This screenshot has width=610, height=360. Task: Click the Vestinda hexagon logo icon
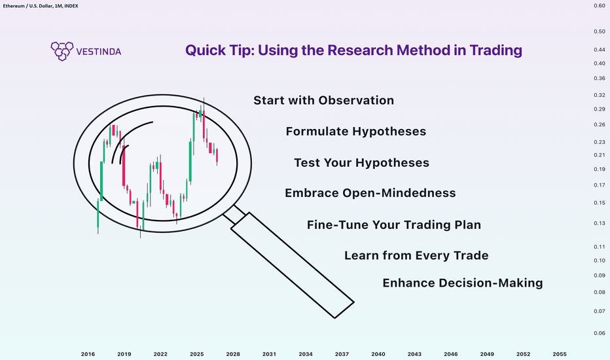point(62,51)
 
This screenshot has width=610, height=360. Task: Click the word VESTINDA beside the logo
point(99,51)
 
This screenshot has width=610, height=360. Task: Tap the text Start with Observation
point(324,100)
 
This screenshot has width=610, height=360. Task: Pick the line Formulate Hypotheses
point(356,132)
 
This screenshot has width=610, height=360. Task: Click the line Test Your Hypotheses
point(362,163)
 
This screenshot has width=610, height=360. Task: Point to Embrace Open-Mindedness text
point(370,193)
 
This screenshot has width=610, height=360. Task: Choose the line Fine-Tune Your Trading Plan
point(394,225)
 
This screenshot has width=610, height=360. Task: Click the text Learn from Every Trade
point(416,255)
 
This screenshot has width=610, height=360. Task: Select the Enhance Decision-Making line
point(463,283)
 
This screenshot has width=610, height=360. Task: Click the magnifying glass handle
point(293,265)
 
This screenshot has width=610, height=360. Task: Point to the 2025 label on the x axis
point(197,354)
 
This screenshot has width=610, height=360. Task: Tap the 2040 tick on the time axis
point(378,354)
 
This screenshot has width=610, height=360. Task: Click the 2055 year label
point(560,354)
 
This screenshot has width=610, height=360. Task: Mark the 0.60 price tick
point(599,6)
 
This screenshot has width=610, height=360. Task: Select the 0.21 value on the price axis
point(599,155)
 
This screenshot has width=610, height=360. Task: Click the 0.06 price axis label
point(599,333)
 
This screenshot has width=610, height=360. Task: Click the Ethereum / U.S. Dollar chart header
point(41,6)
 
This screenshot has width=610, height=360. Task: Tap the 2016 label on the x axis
point(88,354)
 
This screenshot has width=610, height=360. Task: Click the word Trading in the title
point(495,50)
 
